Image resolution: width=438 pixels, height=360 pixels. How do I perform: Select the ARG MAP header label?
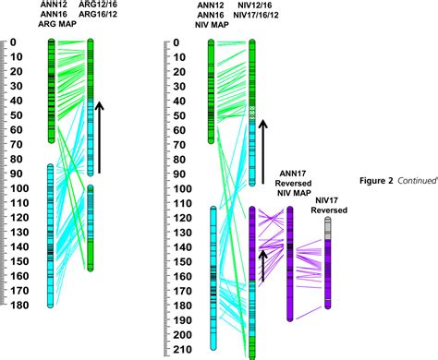[x=53, y=25]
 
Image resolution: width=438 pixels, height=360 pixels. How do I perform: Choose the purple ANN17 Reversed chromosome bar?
[x=291, y=263]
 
